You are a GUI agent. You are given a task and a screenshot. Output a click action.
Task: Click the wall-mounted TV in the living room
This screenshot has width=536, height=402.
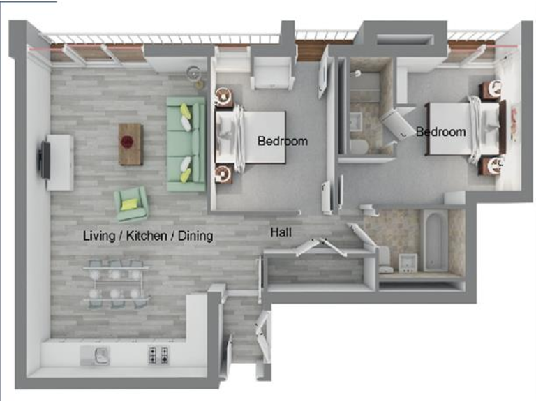click(45, 160)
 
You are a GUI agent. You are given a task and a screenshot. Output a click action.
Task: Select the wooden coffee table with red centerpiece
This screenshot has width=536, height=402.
click(130, 144)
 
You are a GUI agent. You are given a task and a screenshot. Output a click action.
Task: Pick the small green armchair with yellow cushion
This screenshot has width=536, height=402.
click(131, 203)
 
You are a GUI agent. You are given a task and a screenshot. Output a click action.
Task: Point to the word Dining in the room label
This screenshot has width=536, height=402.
click(195, 236)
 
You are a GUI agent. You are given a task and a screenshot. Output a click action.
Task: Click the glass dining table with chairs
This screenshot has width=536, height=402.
click(116, 283)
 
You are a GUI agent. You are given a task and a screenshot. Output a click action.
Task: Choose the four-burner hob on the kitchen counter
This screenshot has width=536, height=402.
click(158, 355)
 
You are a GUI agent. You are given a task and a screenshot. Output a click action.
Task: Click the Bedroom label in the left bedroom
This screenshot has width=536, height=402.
click(282, 141)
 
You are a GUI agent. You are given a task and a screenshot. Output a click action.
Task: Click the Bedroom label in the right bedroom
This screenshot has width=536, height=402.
click(440, 131)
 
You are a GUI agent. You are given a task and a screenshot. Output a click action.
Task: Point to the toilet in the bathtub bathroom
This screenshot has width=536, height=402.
click(384, 258)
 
